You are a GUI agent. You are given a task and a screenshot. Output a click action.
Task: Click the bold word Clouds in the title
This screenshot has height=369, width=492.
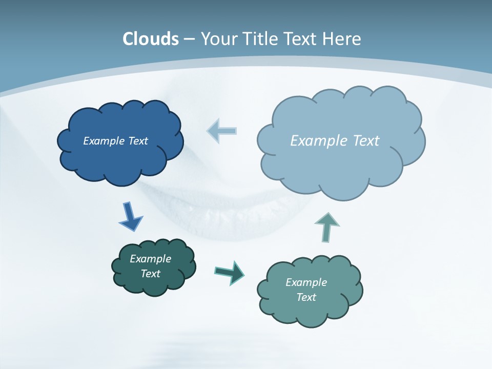[151, 39]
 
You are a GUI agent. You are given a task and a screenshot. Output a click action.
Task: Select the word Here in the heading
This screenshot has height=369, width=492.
[342, 39]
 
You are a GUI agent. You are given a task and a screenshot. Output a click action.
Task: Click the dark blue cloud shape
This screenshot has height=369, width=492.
[120, 159]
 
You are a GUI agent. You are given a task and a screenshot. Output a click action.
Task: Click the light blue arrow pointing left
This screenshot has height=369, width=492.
[221, 131]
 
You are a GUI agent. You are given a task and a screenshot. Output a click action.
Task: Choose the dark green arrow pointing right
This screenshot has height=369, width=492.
[230, 273]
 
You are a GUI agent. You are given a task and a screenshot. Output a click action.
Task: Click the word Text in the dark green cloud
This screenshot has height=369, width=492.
[151, 274]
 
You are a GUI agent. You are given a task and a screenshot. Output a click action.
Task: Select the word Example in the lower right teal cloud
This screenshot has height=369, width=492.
[306, 282]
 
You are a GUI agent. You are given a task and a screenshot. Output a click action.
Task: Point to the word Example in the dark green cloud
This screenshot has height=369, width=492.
[151, 259]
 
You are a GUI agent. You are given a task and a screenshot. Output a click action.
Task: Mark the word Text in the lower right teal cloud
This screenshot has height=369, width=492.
[306, 297]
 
